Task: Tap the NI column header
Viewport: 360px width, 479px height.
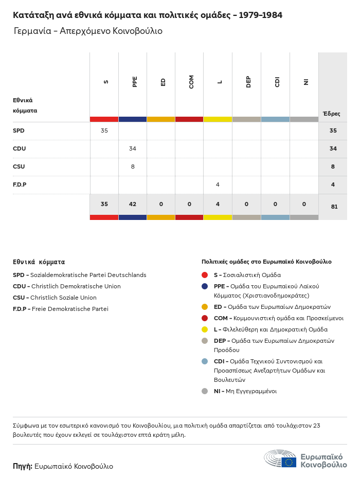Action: (x=305, y=82)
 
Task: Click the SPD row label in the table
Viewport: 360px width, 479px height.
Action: (x=19, y=131)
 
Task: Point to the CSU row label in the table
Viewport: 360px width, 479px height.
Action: (x=19, y=167)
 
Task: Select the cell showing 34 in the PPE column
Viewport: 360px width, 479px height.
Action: (x=133, y=149)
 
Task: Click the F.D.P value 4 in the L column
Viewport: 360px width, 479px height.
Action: (x=218, y=185)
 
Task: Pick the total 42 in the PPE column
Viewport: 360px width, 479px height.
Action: (x=133, y=204)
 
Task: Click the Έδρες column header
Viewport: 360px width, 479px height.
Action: (x=331, y=114)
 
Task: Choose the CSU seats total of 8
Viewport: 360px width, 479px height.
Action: (x=333, y=167)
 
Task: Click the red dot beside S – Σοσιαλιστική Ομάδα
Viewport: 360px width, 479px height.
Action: (x=205, y=275)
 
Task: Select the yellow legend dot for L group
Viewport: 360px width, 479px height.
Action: (x=205, y=329)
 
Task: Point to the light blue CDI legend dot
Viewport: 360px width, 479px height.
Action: (x=205, y=361)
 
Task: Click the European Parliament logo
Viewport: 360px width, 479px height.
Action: (x=305, y=458)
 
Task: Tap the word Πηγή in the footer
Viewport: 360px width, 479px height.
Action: (x=22, y=466)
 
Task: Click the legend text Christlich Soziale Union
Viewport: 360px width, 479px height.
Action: (x=63, y=298)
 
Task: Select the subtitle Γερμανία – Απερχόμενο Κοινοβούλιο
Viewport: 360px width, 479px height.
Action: (x=88, y=31)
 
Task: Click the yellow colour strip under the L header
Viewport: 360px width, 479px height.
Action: (x=218, y=119)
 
